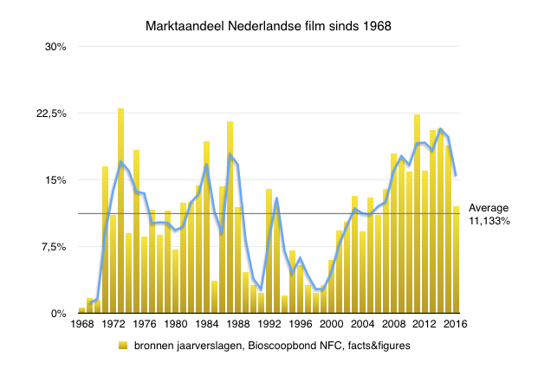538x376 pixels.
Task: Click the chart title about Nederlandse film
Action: (268, 26)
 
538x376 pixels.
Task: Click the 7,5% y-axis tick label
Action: (53, 247)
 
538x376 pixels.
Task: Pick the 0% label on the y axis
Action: (59, 314)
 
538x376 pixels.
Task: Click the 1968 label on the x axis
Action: (82, 326)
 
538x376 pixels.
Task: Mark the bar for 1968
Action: (82, 310)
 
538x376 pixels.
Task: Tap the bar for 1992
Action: (269, 251)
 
